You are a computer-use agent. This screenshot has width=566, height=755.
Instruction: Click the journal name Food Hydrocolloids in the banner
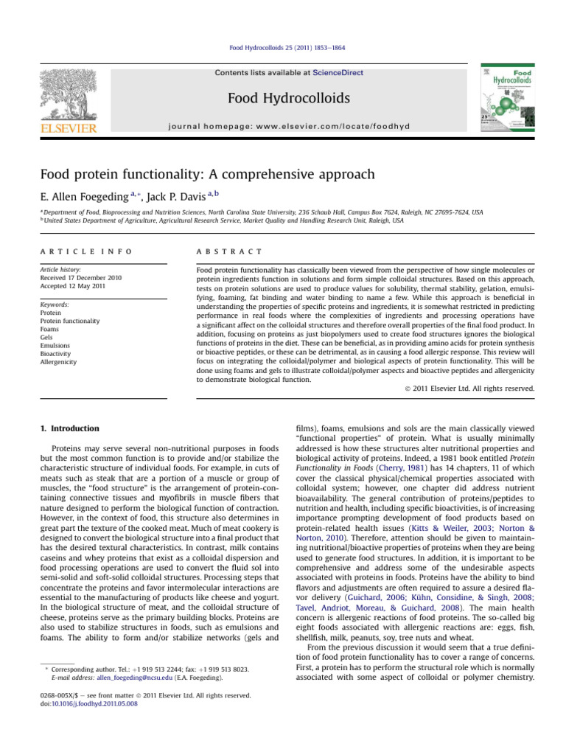pos(278,99)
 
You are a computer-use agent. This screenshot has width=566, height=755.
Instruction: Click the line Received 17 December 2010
pos(82,277)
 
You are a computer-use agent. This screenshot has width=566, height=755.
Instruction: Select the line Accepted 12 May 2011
pos(74,285)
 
